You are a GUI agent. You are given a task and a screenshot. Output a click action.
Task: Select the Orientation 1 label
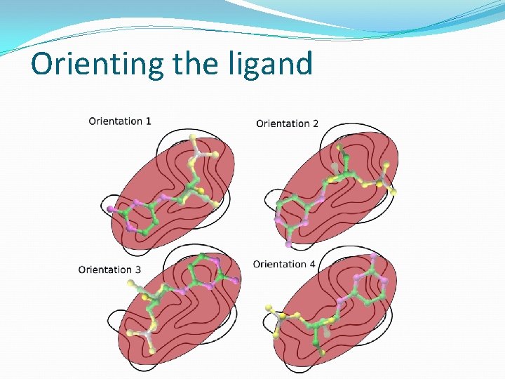pos(120,121)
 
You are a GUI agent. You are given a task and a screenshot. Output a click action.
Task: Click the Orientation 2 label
pos(287,124)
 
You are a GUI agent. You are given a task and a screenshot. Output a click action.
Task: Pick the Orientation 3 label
pos(109,270)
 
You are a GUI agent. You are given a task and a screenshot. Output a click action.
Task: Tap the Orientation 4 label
pos(284,265)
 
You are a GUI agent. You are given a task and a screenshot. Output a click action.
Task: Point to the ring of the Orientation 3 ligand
pos(206,272)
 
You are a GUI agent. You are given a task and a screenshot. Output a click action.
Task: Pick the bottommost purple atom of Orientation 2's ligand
pos(288,244)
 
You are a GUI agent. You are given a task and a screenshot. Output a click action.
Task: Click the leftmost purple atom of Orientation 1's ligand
pos(109,209)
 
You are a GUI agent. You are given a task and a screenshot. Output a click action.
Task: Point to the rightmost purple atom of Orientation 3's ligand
pos(236,280)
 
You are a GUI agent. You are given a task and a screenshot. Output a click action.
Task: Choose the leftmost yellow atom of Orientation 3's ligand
pos(130,282)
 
